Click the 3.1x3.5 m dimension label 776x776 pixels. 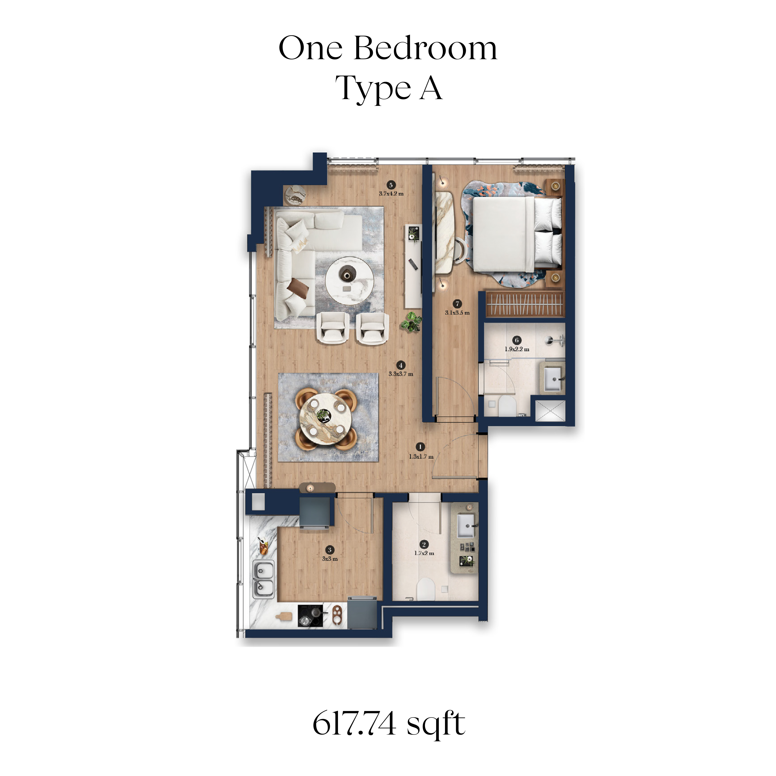click(x=457, y=312)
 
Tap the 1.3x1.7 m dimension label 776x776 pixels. click(x=421, y=457)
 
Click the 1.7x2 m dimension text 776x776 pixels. click(x=424, y=553)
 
